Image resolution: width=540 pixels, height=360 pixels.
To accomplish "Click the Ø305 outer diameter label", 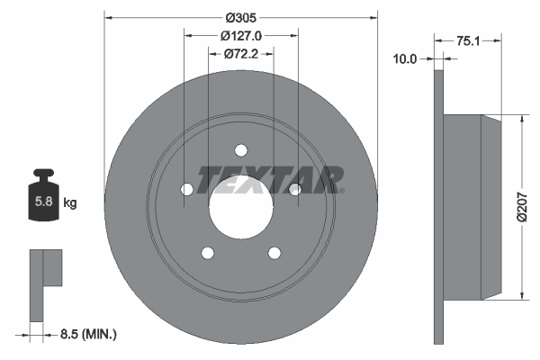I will pyautogui.click(x=240, y=17).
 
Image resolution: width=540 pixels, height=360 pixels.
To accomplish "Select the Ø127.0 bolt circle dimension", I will pyautogui.click(x=240, y=36).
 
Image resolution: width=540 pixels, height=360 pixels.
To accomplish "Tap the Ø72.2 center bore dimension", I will pyautogui.click(x=240, y=54).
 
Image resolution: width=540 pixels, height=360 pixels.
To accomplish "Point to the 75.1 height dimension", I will pyautogui.click(x=467, y=40).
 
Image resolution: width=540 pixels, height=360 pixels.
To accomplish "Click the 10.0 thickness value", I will pyautogui.click(x=406, y=59).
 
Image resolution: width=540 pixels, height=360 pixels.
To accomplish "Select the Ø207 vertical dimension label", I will pyautogui.click(x=531, y=208).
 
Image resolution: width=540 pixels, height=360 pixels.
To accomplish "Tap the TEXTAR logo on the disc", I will pyautogui.click(x=269, y=180).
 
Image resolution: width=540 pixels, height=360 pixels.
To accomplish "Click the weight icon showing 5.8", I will pyautogui.click(x=43, y=201).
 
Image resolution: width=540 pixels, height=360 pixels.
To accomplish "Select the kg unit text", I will pyautogui.click(x=71, y=203).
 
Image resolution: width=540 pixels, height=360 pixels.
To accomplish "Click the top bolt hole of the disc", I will pyautogui.click(x=240, y=150).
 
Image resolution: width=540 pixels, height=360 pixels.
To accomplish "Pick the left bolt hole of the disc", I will pyautogui.click(x=186, y=189).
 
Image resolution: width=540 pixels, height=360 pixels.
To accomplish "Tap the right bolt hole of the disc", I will pyautogui.click(x=294, y=188).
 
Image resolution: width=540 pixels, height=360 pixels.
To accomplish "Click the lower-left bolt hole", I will pyautogui.click(x=207, y=252).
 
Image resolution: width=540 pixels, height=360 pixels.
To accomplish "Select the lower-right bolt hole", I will pyautogui.click(x=274, y=252).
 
